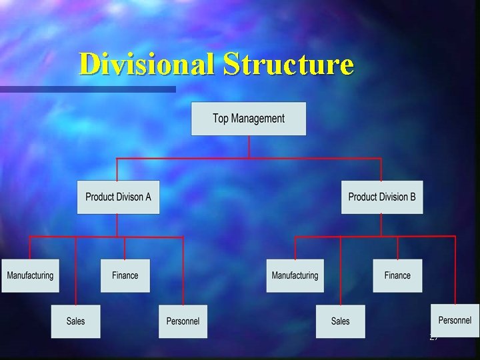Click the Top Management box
[x=249, y=119]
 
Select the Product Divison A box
[x=118, y=197]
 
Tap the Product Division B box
[x=382, y=197]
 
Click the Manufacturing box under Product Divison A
[x=30, y=275]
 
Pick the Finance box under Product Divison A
[x=125, y=275]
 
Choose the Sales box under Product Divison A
[x=76, y=321]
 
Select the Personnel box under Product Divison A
[x=183, y=321]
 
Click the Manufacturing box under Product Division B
[x=295, y=275]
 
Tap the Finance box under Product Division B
[x=397, y=275]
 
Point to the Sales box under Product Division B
[x=341, y=321]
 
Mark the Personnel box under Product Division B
[x=455, y=320]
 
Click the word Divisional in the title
[x=147, y=65]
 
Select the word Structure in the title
[x=288, y=65]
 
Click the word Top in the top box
[x=221, y=119]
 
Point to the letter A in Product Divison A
[x=148, y=197]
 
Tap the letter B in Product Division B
[x=412, y=197]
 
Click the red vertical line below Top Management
[x=249, y=147]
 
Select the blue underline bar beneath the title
[x=87, y=89]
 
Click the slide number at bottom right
[x=433, y=339]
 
